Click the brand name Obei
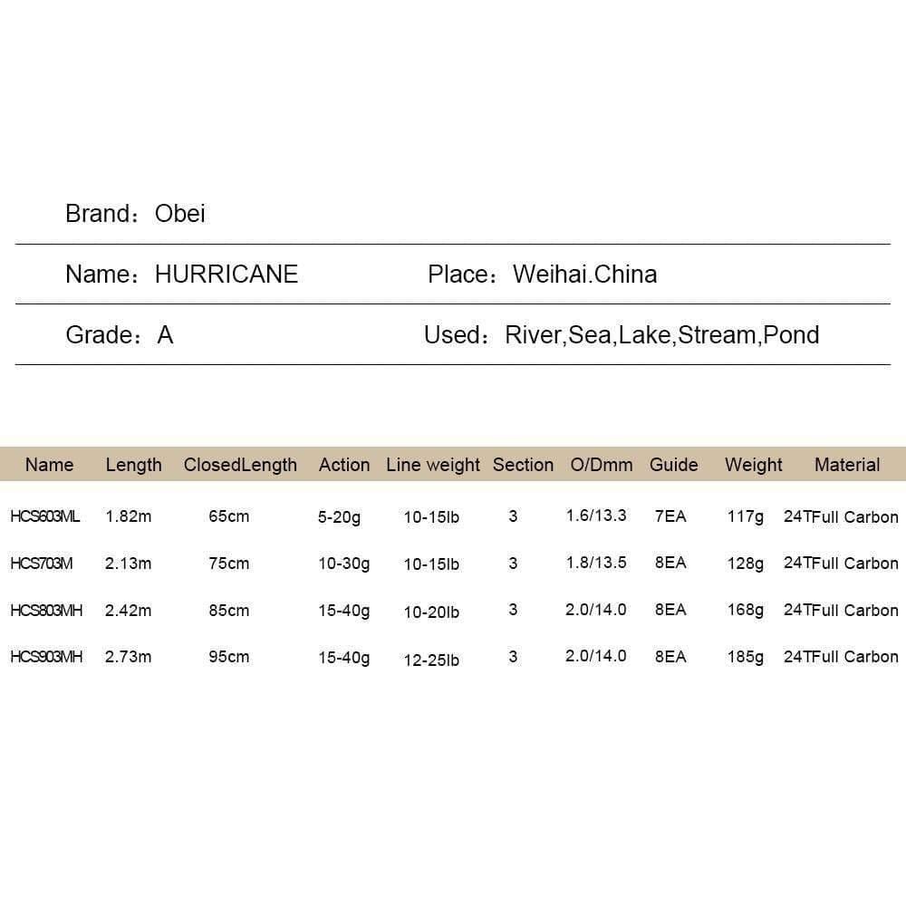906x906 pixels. pos(180,214)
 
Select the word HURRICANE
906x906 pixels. pos(226,275)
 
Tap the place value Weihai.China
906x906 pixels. pos(584,275)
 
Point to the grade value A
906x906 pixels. pos(165,335)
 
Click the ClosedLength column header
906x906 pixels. pos(240,465)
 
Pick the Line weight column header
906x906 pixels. pos(433,465)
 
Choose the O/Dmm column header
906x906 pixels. pos(602,465)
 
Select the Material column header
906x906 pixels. pos(847,465)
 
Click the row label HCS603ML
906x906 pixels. pos(45,516)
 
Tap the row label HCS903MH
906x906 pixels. pos(46,657)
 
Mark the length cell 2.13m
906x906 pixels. pos(129,564)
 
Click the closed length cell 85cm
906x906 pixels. pos(229,611)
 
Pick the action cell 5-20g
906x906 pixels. pos(339,517)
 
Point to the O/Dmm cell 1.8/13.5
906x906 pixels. pos(596,563)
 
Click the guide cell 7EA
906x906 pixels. pos(670,516)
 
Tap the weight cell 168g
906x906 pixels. pos(745,610)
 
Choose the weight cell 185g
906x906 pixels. pos(745,657)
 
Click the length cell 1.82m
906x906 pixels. pos(129,516)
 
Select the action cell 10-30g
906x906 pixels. pos(343,564)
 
